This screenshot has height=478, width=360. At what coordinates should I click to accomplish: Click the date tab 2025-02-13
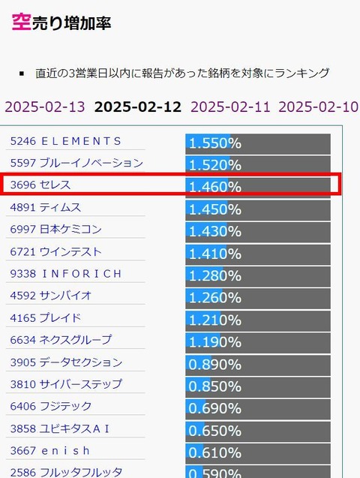45,107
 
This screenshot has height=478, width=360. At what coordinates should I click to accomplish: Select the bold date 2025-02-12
138,107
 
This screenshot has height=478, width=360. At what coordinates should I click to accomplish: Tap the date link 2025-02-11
230,107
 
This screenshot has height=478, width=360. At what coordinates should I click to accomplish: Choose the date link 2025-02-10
318,107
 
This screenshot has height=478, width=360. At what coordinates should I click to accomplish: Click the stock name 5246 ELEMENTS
66,141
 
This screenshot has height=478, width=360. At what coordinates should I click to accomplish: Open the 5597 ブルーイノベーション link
76,163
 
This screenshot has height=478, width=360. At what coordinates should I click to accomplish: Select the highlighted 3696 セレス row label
40,185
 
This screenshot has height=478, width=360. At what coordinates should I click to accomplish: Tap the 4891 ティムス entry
46,207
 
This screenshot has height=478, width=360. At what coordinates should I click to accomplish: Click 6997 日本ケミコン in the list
55,230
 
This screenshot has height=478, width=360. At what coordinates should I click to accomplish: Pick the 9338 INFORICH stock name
66,274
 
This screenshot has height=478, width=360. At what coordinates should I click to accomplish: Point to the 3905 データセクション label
66,362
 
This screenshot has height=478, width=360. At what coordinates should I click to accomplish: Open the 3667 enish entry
50,450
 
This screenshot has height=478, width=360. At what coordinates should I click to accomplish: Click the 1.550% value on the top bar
215,143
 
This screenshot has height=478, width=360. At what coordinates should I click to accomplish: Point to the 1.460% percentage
215,187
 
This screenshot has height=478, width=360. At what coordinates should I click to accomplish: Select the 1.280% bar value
215,276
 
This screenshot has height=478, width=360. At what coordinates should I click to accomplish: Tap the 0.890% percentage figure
215,364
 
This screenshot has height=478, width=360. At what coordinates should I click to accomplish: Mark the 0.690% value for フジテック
215,408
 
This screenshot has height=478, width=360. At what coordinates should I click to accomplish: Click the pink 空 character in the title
21,22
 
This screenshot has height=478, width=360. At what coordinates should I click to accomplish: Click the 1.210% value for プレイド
215,320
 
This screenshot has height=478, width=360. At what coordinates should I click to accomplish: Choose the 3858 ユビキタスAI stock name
60,428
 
